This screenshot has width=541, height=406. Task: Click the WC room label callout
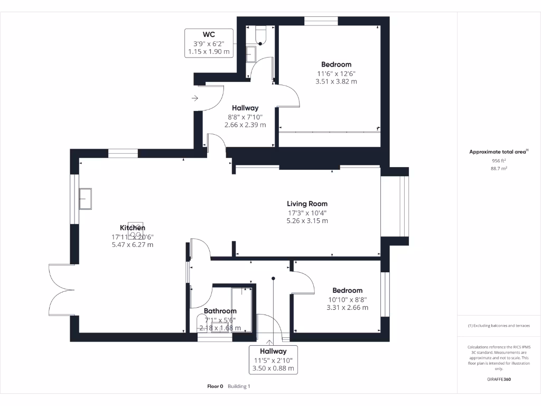point(209,43)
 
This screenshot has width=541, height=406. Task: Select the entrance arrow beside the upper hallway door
point(195,98)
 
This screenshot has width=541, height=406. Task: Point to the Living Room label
point(307,204)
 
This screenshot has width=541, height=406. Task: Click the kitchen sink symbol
point(86,199)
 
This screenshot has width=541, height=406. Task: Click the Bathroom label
point(220,311)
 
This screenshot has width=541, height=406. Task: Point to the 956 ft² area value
point(499,160)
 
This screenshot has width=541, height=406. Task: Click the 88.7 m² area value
point(499,169)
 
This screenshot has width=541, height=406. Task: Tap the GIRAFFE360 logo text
point(499,379)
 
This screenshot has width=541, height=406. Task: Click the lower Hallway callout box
point(273,359)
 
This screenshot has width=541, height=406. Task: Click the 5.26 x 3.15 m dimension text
point(307,221)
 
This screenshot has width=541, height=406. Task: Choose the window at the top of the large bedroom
point(321,21)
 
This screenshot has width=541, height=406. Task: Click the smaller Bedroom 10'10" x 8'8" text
point(347,299)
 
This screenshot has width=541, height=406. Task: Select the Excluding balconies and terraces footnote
point(499,326)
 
